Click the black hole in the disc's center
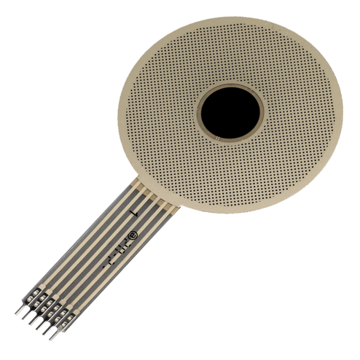[x=230, y=113]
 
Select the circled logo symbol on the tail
[x=133, y=235]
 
